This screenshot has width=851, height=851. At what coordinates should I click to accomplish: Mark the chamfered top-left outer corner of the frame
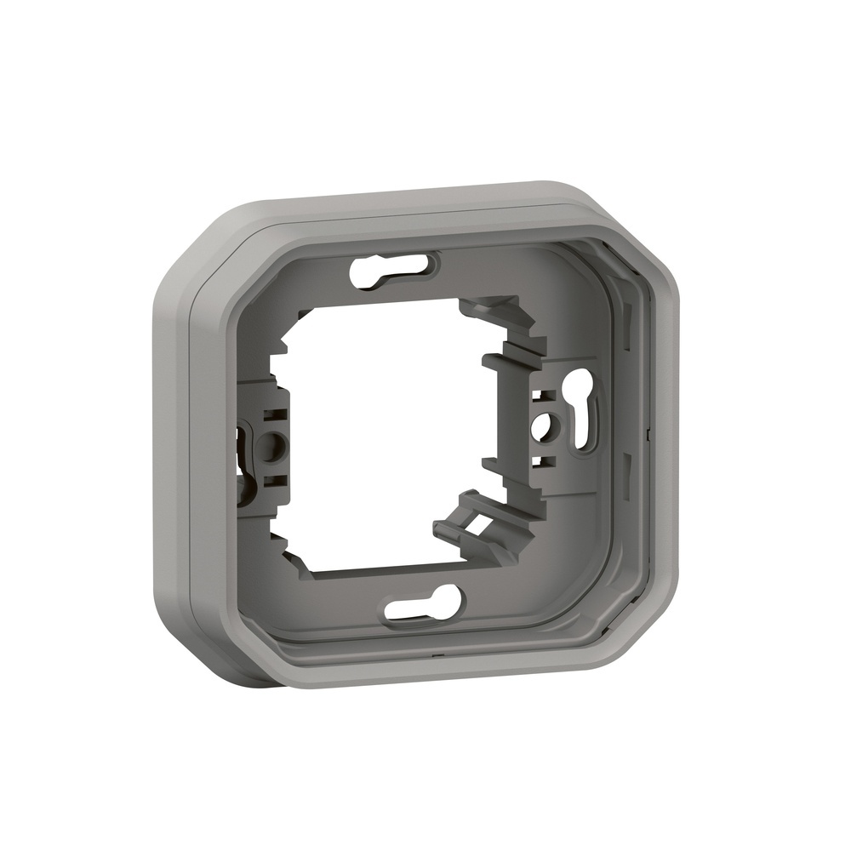(x=196, y=247)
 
